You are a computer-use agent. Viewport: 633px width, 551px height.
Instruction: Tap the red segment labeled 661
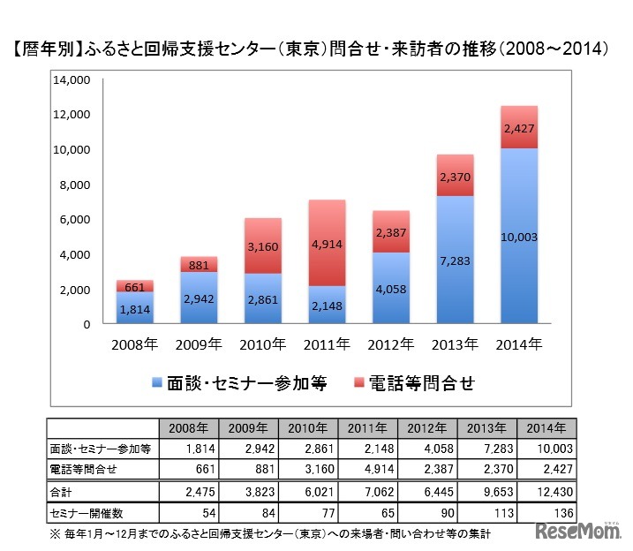135,286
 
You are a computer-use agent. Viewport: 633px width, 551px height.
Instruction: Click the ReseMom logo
578,532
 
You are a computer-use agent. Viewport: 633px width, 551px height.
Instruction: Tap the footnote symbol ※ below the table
53,533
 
